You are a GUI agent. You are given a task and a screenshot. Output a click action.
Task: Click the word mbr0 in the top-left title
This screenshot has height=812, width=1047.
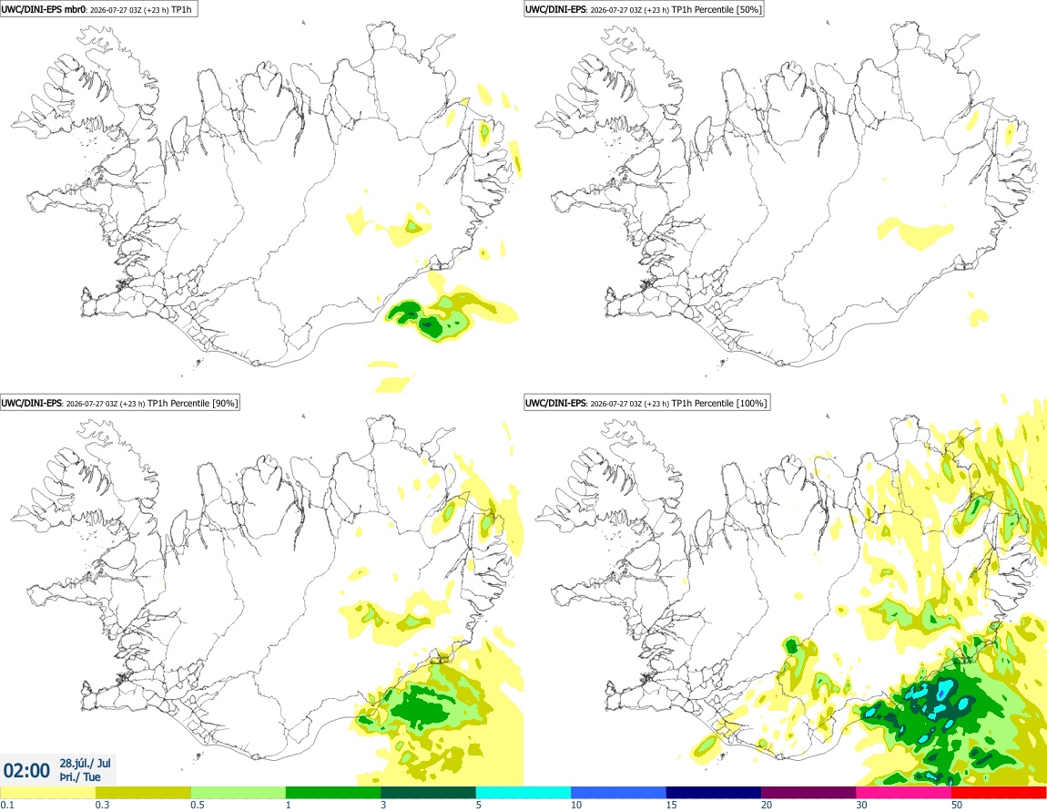click(75, 9)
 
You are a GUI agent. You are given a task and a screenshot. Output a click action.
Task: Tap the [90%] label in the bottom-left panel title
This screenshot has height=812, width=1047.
click(224, 403)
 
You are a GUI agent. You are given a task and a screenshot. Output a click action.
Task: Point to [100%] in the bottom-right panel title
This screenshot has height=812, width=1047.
click(752, 403)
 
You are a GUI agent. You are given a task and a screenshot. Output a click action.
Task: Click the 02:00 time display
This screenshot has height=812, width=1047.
click(26, 771)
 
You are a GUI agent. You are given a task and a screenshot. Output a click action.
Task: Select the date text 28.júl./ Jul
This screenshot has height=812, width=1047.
click(85, 763)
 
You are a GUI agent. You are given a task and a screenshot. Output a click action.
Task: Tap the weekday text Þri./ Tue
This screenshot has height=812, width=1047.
click(79, 777)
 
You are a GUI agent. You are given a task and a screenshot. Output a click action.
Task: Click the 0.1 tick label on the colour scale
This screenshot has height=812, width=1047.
click(7, 805)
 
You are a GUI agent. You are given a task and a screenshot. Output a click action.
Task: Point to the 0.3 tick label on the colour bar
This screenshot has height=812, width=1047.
click(102, 805)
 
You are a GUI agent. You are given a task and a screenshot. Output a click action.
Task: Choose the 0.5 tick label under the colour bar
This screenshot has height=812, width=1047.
click(198, 805)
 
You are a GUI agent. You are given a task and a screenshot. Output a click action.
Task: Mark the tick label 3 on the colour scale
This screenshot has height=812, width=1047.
click(383, 805)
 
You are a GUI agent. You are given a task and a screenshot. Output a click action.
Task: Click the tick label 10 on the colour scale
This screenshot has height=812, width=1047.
click(576, 805)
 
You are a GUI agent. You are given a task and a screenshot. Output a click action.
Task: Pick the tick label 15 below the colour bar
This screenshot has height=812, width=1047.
click(672, 805)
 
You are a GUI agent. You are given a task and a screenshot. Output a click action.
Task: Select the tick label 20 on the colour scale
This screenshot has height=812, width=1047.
click(767, 805)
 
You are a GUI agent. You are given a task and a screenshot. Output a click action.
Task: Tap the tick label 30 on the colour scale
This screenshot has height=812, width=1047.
click(862, 805)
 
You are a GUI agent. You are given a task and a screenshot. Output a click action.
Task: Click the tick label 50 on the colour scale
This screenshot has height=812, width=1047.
click(957, 805)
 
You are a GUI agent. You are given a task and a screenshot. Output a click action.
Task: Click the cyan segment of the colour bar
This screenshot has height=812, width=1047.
click(523, 793)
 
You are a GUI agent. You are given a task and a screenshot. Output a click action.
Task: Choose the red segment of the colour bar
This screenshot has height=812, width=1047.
click(999, 793)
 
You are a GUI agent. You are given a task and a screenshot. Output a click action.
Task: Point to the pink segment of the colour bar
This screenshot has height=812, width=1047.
click(904, 793)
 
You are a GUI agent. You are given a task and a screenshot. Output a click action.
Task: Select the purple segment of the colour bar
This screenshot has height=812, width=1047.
click(808, 793)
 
